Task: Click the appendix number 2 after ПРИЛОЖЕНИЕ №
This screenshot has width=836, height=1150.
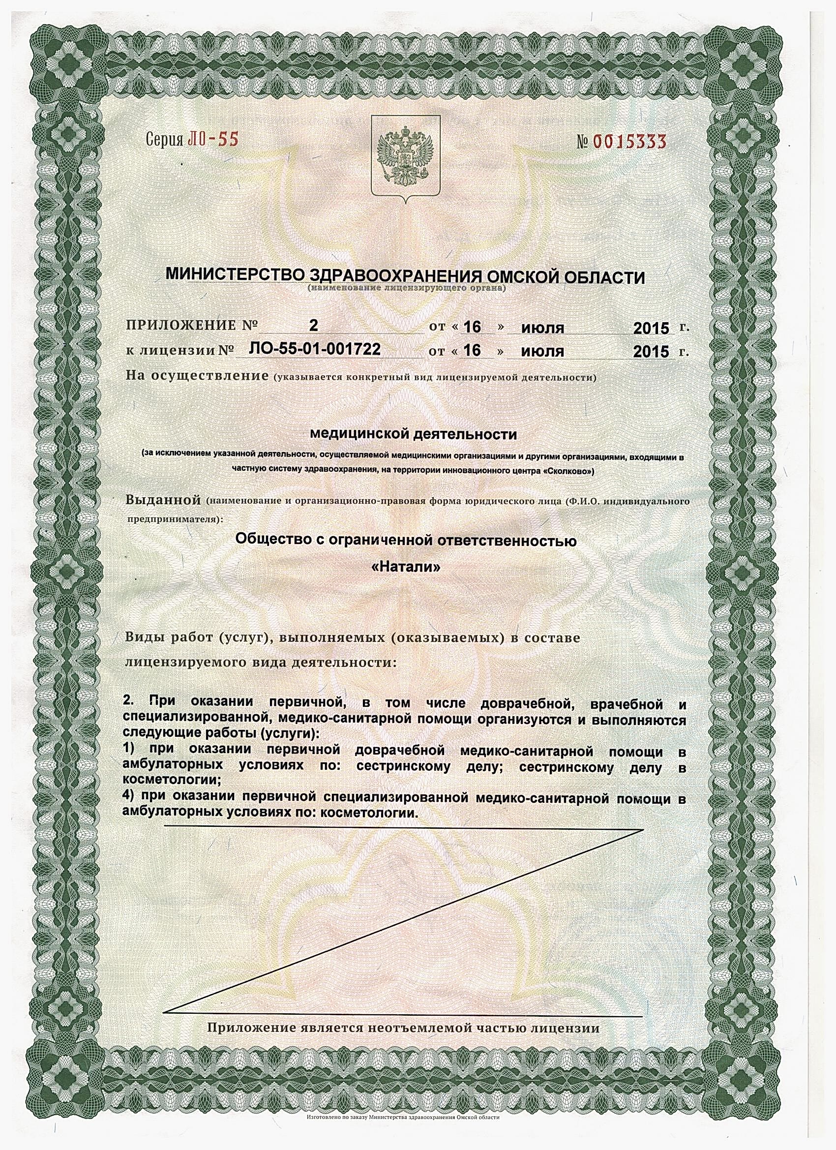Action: pyautogui.click(x=314, y=325)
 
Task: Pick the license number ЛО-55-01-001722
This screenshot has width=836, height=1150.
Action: pyautogui.click(x=315, y=349)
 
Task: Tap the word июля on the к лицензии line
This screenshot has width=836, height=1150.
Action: pyautogui.click(x=542, y=351)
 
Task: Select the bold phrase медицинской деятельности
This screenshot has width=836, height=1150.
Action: pyautogui.click(x=413, y=434)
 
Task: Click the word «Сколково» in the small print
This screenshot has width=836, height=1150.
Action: pyautogui.click(x=568, y=471)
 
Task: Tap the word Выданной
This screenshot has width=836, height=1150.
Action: pyautogui.click(x=163, y=500)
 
